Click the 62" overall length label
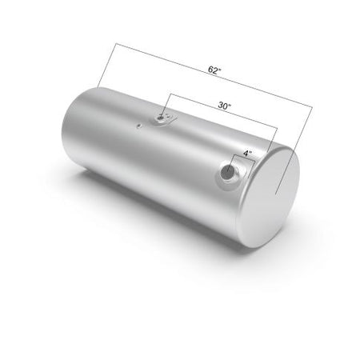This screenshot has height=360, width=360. point(214,70)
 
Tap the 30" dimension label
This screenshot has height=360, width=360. point(225,106)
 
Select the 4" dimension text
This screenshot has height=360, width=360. point(247,154)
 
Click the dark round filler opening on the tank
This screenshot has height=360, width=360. point(228,170)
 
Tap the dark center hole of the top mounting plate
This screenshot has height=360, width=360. point(161,118)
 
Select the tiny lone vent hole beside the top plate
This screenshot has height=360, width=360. point(138,126)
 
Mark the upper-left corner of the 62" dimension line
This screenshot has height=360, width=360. point(116,43)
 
